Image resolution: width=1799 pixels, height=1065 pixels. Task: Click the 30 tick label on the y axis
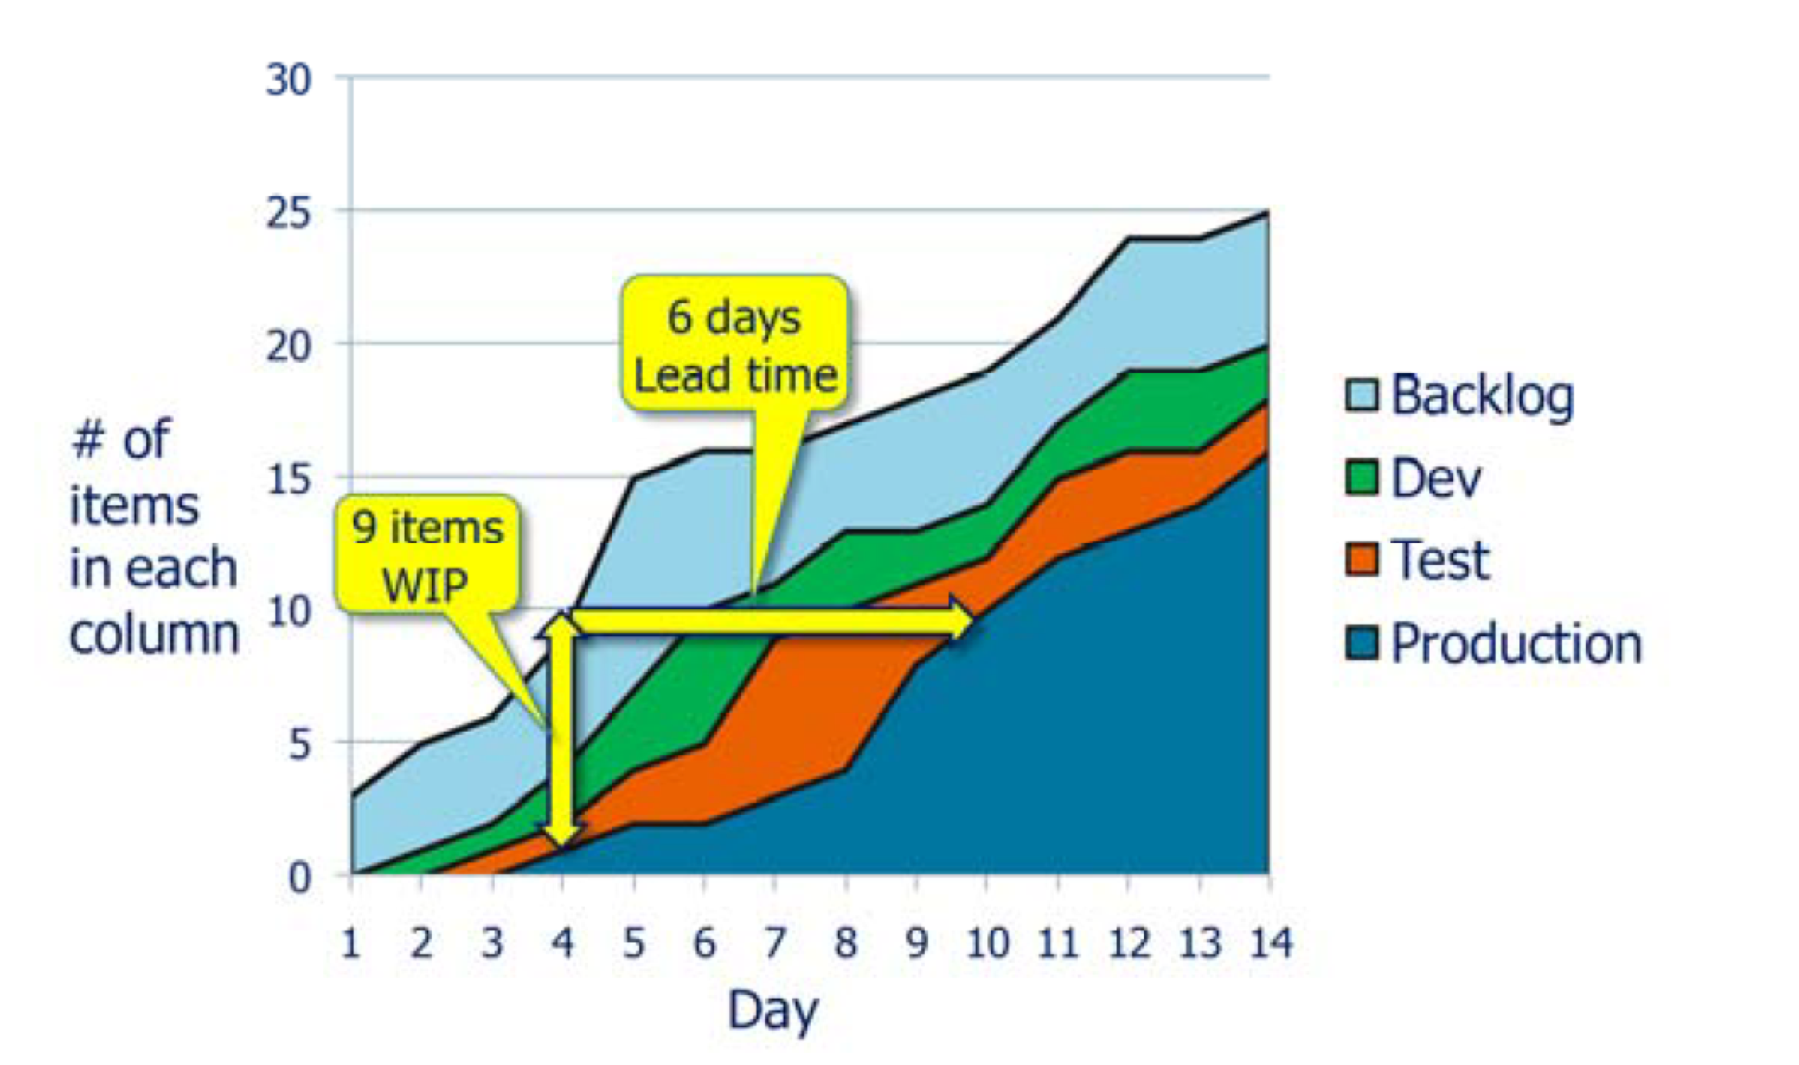[x=288, y=79]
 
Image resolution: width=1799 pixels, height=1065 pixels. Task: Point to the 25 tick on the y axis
[x=288, y=213]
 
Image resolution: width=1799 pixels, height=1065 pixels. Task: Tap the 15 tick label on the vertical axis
[x=288, y=480]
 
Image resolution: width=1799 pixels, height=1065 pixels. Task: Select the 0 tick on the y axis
[x=300, y=877]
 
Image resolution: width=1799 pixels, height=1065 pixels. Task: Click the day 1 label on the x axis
[x=351, y=944]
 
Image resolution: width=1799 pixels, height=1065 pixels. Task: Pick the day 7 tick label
[x=774, y=944]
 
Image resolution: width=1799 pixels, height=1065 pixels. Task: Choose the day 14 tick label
[x=1271, y=944]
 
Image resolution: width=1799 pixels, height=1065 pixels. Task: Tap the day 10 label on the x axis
[x=987, y=944]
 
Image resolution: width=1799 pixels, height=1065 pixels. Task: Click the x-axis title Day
[x=773, y=1011]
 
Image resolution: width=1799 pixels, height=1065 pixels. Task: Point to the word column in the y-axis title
[x=154, y=635]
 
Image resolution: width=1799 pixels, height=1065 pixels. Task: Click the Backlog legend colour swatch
[x=1361, y=394]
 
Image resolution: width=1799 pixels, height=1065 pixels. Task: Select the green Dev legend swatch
[x=1361, y=477]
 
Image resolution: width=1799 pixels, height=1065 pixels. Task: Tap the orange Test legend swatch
[x=1361, y=559]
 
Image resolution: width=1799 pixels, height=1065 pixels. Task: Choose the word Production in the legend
[x=1516, y=643]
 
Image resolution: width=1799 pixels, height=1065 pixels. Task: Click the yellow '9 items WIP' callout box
[x=427, y=554]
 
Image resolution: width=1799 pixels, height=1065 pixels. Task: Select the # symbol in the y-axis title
[x=88, y=440]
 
